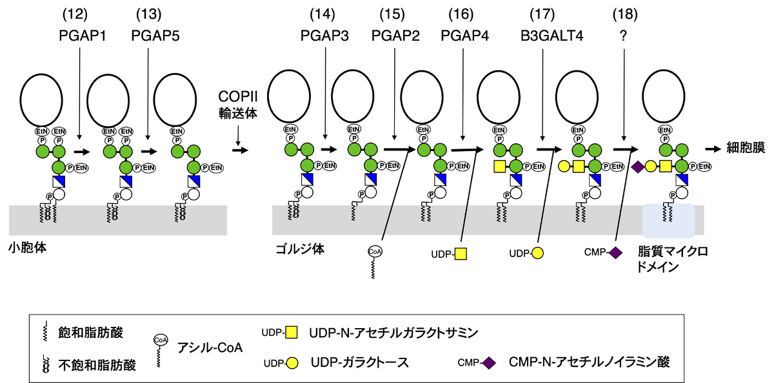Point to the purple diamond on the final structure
click(x=638, y=167)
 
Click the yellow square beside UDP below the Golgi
click(x=461, y=254)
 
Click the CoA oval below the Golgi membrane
click(x=375, y=251)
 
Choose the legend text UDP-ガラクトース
click(x=359, y=362)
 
